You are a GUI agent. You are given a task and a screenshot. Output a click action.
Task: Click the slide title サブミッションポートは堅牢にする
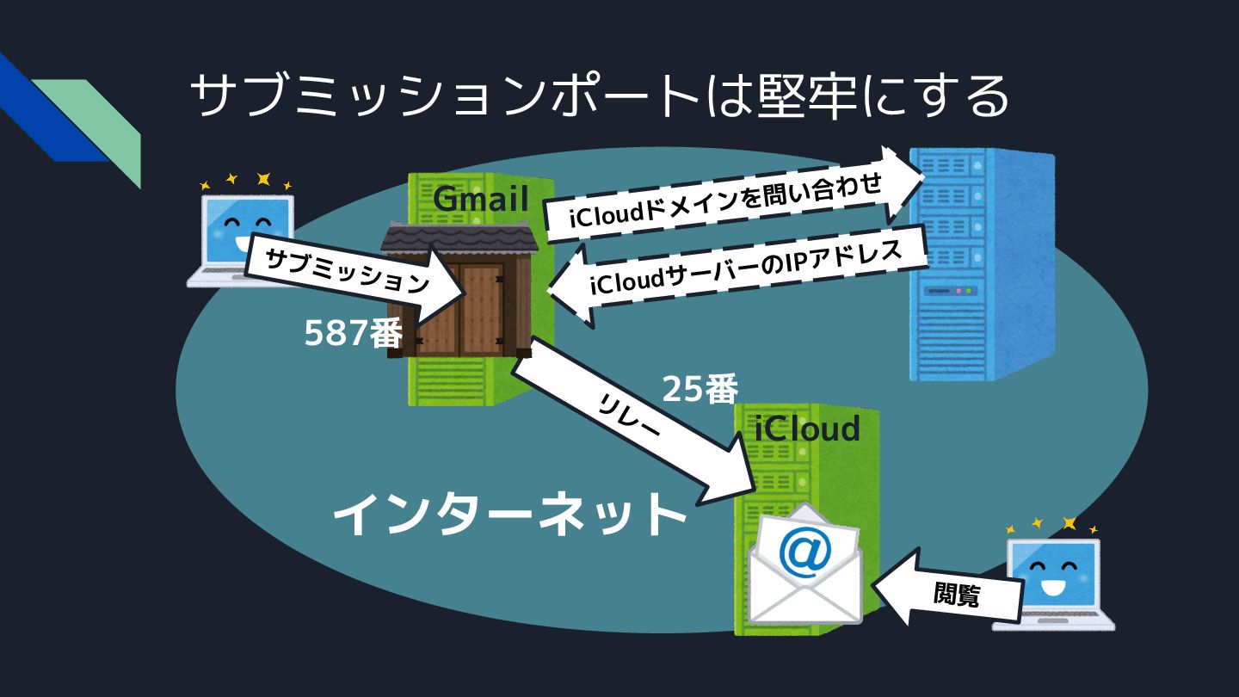599,96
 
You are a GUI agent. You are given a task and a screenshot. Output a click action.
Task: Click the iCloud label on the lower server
806,428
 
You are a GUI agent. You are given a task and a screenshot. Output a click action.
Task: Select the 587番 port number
353,334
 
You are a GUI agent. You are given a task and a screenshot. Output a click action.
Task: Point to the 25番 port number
700,390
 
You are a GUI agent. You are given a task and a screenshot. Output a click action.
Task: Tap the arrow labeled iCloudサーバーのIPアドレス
740,277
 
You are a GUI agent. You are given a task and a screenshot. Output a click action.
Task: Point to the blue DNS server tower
981,267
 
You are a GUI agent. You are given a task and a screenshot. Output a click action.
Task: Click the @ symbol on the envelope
804,550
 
